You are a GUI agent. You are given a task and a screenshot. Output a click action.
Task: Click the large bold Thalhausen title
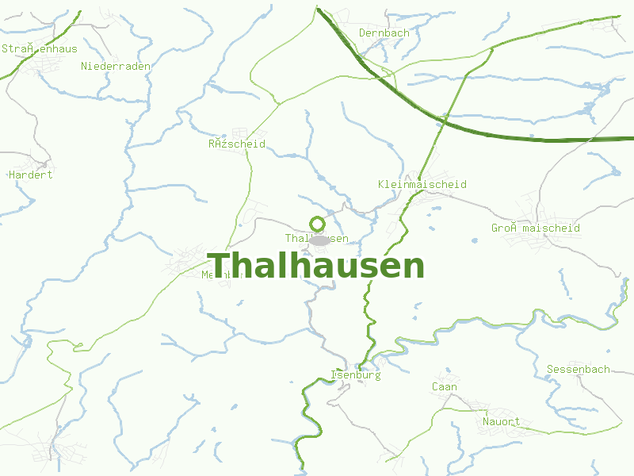coord(316,266)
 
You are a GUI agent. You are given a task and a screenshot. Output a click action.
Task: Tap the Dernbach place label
coord(384,33)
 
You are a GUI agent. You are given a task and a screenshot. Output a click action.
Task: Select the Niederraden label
coord(116,66)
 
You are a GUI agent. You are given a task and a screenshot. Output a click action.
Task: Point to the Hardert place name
coord(30,175)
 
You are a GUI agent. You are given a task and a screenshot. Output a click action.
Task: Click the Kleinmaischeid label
coord(422,184)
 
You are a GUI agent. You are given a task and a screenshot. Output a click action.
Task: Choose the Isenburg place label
coord(355,374)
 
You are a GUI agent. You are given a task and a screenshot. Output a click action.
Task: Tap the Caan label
coord(445,387)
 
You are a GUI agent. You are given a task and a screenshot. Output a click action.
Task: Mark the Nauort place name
coord(502,421)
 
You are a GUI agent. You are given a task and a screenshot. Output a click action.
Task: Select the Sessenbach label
coord(579,369)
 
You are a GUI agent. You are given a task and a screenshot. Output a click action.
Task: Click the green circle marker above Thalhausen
coord(318,223)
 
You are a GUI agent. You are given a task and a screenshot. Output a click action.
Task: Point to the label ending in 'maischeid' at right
coord(536,228)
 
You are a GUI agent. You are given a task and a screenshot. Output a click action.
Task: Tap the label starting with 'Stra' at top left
coord(40,48)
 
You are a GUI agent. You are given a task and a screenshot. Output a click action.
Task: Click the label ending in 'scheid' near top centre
coord(237,144)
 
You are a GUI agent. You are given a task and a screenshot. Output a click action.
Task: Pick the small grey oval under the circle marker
coord(319,240)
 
